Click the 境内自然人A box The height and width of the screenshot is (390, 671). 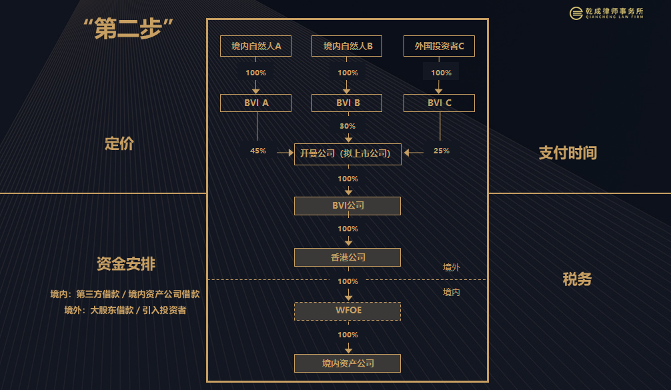pos(255,46)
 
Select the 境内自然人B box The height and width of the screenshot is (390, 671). pos(347,46)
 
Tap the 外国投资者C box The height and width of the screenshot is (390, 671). pos(439,46)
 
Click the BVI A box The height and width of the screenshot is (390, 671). pos(255,103)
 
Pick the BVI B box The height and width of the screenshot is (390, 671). pos(347,103)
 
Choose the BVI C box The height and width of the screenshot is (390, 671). pos(439,103)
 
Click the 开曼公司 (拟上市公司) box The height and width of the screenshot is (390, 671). pos(348,154)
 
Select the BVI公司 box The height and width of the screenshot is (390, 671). pos(348,206)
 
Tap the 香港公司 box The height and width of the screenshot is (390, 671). pos(348,257)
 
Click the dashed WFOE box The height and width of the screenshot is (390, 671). pos(348,311)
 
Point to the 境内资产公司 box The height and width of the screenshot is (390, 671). pos(348,363)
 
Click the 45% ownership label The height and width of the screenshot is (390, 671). pos(258,151)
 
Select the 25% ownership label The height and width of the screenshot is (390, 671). pos(441,151)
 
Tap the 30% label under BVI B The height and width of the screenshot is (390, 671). pos(348,126)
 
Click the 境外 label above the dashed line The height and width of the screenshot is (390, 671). pos(451,268)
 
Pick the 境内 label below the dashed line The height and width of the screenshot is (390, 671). pos(451,292)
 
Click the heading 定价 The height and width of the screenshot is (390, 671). pos(119,144)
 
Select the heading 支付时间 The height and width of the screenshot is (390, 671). pos(568,153)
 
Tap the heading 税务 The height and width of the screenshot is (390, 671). pos(577,279)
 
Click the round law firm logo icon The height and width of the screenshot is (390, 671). pos(576,13)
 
